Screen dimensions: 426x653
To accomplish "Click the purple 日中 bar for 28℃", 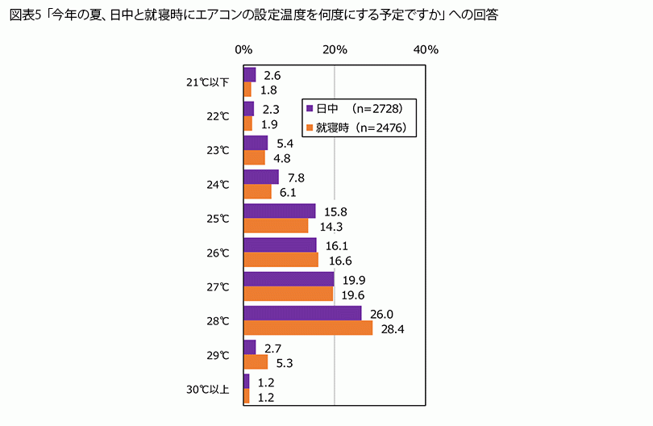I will (x=302, y=313).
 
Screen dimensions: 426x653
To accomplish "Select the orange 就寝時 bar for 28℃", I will (x=308, y=328).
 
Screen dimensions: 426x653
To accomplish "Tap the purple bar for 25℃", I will (x=279, y=211).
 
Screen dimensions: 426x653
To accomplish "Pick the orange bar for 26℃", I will (x=281, y=260).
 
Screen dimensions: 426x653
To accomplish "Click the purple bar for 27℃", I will (x=289, y=279).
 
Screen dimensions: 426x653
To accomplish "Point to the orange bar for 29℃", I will (x=256, y=361).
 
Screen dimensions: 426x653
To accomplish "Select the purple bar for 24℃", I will (x=261, y=177).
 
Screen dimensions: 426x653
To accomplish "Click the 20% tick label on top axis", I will (x=335, y=50).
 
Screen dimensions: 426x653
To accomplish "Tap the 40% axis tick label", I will (x=426, y=50).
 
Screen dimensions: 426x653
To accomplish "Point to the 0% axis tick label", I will (x=243, y=50).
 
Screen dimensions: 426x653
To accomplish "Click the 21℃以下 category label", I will (x=207, y=82).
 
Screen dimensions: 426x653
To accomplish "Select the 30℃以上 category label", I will (x=207, y=390).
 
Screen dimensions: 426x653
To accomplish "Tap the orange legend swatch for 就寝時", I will (x=309, y=127).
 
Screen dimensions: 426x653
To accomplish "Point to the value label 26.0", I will (x=381, y=314).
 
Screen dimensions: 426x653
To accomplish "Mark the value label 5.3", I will (x=283, y=362).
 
